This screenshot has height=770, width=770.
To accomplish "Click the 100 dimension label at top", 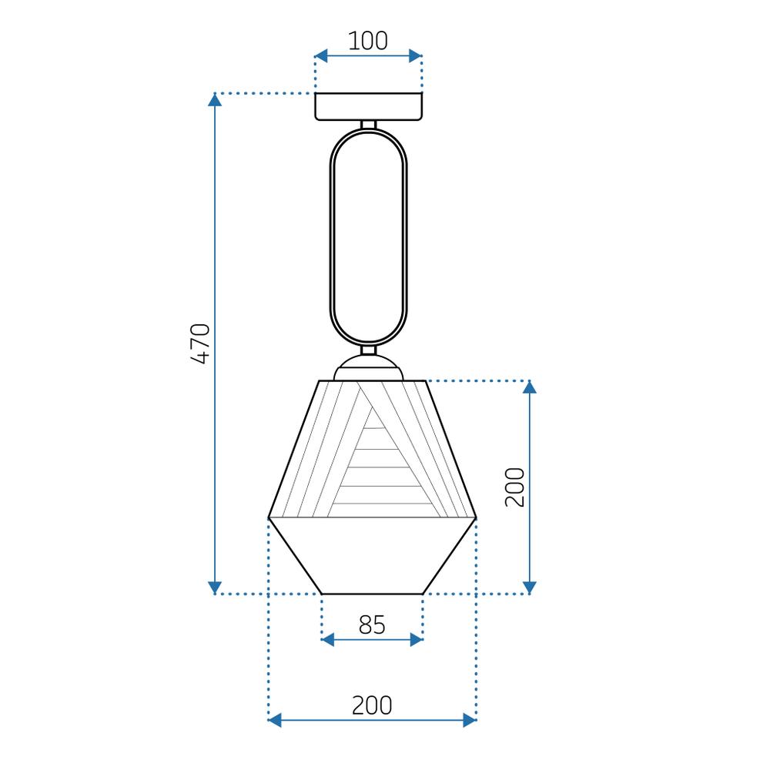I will [368, 41].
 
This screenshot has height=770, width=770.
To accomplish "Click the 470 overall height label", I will [200, 343].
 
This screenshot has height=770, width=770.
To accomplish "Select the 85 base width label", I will [372, 625].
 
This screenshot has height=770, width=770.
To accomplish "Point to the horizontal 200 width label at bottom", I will [372, 705].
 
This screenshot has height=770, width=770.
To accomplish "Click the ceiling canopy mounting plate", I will [368, 106].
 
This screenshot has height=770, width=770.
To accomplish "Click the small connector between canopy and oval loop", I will [368, 124].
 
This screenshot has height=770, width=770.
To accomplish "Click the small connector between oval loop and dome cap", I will [368, 350].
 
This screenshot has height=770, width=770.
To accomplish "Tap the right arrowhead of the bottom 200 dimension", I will [469, 720].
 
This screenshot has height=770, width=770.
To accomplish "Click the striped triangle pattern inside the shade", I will [377, 470].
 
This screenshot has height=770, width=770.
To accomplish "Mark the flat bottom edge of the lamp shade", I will [372, 594].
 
